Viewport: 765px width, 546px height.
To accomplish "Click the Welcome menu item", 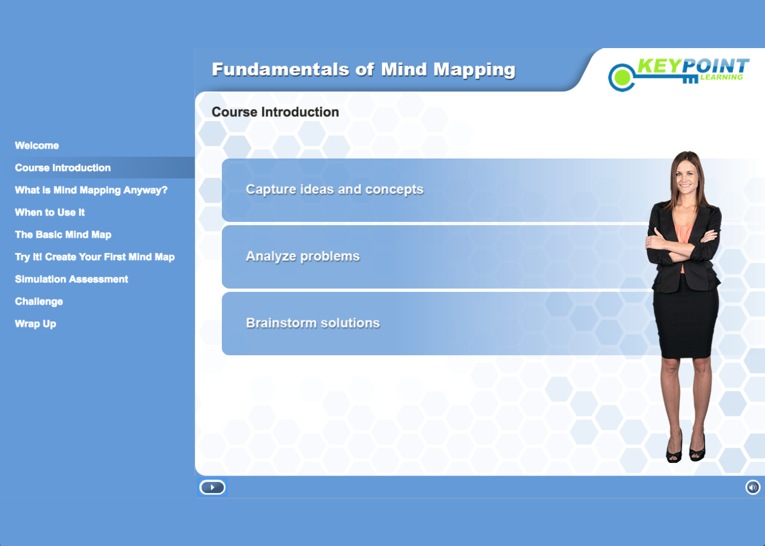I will point(37,146).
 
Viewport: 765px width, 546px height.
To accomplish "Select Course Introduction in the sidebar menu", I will point(63,168).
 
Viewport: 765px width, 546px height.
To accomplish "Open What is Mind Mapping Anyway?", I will point(91,190).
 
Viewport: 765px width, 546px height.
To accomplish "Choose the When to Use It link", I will point(50,213).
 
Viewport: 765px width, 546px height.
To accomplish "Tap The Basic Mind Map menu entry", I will point(63,235).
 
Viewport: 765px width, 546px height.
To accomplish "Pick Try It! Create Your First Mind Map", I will point(95,257).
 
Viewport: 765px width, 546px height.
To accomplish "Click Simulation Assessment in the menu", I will point(72,279).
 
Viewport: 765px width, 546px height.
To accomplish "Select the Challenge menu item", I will point(39,302).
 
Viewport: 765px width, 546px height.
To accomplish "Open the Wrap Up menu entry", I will point(36,324).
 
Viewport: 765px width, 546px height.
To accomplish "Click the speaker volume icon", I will point(752,487).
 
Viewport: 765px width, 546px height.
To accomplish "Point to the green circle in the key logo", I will point(621,78).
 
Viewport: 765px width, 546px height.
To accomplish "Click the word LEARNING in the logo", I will point(721,78).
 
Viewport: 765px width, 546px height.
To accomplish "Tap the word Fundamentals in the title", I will point(280,69).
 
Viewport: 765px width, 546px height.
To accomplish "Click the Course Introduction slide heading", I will point(275,112).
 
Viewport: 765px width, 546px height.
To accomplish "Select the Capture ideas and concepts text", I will point(334,190).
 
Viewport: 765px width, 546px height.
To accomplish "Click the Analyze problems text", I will point(303,256).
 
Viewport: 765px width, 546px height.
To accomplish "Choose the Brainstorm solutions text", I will point(313,323).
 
